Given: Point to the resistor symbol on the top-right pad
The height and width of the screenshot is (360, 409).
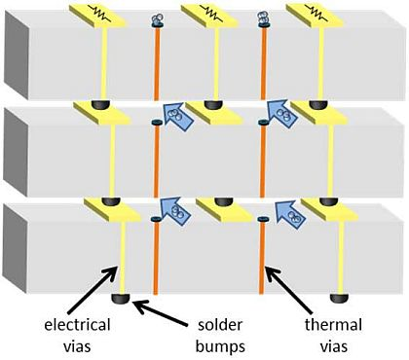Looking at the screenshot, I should click(x=314, y=14).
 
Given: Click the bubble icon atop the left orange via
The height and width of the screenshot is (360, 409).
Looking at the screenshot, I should click(x=157, y=19).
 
